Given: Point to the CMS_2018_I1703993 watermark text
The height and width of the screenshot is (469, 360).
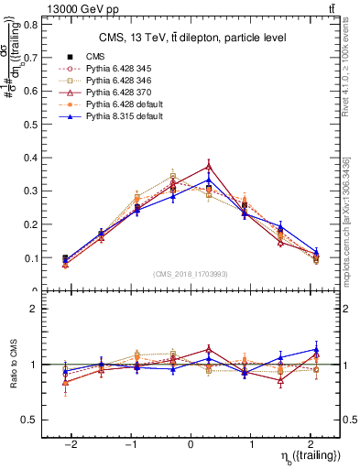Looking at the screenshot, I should coord(191,274).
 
